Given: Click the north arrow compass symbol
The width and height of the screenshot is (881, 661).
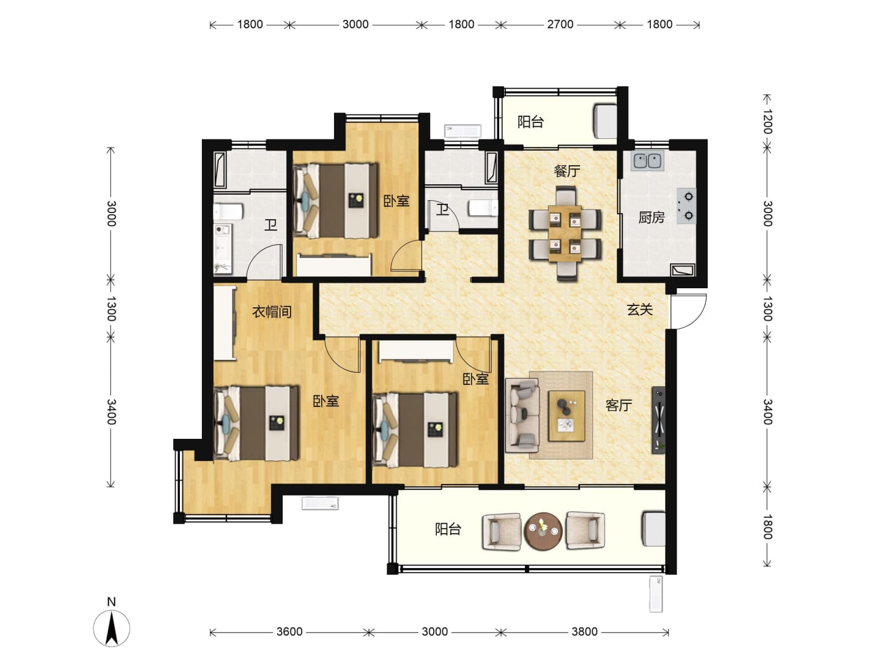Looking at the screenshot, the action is point(111,628).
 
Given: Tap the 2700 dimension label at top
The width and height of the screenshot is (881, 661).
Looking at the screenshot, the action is point(560,24).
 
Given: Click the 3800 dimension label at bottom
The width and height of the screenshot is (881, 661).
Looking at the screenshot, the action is point(584,631).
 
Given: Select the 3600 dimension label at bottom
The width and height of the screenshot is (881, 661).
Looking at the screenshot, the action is point(289,631).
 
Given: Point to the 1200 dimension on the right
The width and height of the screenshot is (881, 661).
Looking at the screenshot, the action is point(767,121).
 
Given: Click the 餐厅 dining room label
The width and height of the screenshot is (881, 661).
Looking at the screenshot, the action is point(567,171).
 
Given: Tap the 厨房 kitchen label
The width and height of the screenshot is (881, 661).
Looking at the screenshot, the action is point(652,217).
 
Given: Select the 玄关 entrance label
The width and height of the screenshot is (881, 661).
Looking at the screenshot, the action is point(640,310).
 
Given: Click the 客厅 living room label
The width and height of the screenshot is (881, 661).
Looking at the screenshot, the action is point(619,405).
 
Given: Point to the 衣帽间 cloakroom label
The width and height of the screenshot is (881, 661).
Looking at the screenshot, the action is point(272,312).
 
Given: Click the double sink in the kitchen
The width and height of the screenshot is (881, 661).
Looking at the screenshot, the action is point(647,160).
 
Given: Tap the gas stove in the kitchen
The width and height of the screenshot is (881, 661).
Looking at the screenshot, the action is point(686,206).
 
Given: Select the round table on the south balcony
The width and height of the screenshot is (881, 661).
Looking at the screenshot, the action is point(543,531).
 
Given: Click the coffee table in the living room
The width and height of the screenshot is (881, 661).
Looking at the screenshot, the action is point(567,416).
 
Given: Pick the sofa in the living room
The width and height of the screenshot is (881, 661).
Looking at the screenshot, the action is point(522,415).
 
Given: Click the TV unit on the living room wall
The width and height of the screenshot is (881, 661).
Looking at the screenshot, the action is point(658,420).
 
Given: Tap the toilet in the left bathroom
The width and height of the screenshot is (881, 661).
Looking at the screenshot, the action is point(228,212).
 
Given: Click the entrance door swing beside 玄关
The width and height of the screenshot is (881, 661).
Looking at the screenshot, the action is point(690,312).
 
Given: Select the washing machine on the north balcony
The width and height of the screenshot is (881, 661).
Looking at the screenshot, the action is point(605,121).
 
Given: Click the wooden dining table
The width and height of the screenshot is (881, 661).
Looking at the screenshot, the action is point(565,234).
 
